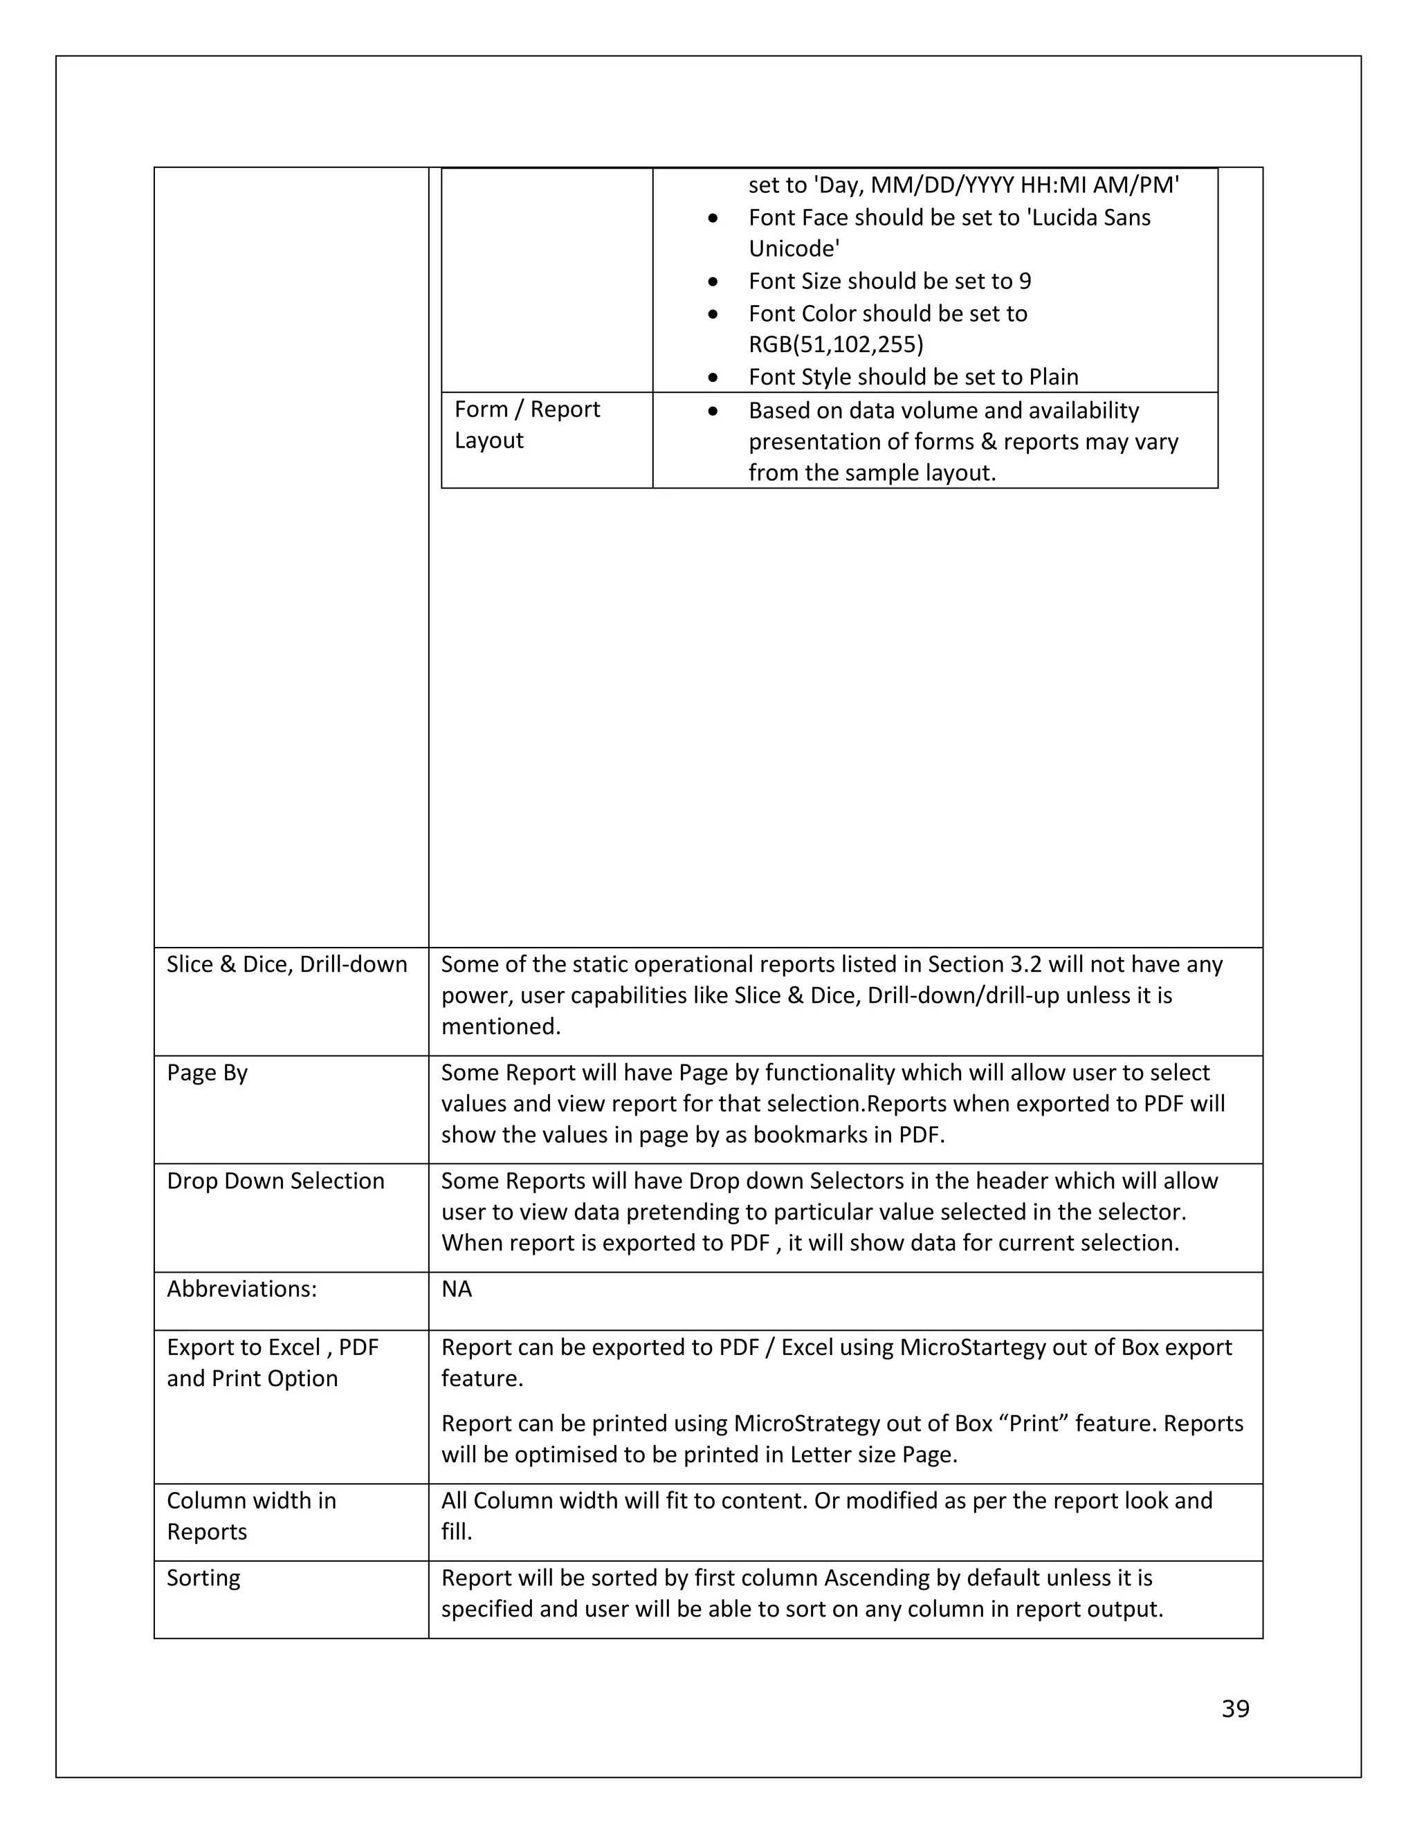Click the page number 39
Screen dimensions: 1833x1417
[1235, 1708]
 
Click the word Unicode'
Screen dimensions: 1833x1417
[794, 248]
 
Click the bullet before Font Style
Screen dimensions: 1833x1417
[713, 378]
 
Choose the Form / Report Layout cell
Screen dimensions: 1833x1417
[527, 425]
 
